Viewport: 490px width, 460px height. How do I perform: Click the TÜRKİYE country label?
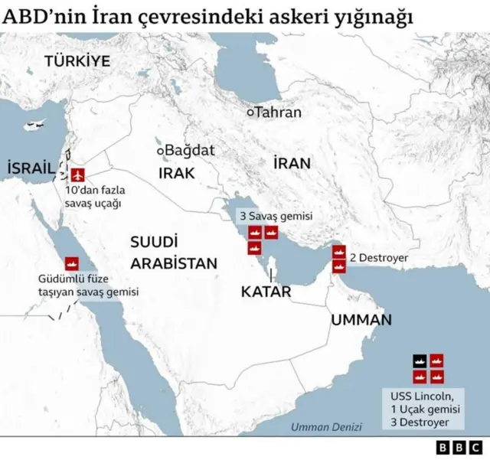pyautogui.click(x=77, y=61)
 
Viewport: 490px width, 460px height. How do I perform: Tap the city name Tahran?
pyautogui.click(x=278, y=113)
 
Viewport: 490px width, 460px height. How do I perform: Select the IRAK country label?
pyautogui.click(x=178, y=173)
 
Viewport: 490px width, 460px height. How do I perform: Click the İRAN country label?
pyautogui.click(x=292, y=163)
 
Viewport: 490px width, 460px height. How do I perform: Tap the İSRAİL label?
pyautogui.click(x=31, y=168)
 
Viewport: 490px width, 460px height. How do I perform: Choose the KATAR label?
pyautogui.click(x=266, y=292)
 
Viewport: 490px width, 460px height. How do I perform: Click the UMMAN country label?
pyautogui.click(x=361, y=320)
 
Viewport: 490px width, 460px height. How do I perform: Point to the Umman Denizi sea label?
pyautogui.click(x=316, y=427)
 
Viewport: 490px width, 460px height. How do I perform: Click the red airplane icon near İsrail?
pyautogui.click(x=77, y=169)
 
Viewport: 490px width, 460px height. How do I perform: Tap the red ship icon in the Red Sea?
pyautogui.click(x=73, y=262)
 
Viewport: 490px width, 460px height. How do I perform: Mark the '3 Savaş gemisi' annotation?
pyautogui.click(x=276, y=217)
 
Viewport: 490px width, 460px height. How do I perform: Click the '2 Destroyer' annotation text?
pyautogui.click(x=378, y=258)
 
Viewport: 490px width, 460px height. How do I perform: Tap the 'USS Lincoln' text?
pyautogui.click(x=423, y=396)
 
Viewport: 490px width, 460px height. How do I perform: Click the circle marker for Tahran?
pyautogui.click(x=250, y=113)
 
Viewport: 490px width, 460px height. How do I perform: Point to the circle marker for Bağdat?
pyautogui.click(x=161, y=151)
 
